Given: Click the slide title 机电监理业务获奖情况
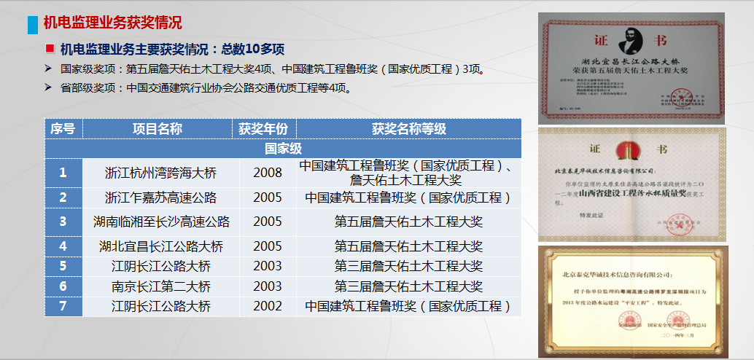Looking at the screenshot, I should [x=112, y=23].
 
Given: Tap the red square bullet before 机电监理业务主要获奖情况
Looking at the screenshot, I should [x=50, y=49].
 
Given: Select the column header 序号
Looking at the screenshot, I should [x=63, y=129].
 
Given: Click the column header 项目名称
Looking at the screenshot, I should [x=158, y=129].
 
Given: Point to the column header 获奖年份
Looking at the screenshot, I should [x=263, y=129].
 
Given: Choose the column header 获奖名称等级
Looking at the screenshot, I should [x=408, y=129].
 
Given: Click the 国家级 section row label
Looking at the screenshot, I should [x=283, y=149].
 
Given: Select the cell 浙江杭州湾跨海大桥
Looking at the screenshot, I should [x=161, y=173].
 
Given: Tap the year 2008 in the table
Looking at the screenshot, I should [x=268, y=173].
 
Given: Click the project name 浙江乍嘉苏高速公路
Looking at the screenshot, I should [x=161, y=197].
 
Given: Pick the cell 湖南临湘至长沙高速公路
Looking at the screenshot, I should [x=161, y=222].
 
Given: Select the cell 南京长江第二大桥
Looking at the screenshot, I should [x=161, y=286].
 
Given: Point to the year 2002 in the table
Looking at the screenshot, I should [x=268, y=306].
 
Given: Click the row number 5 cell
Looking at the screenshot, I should [x=63, y=267].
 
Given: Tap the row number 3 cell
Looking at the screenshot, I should [x=63, y=222].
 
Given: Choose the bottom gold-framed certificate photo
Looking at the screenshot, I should [x=645, y=301].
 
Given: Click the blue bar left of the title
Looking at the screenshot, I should [x=32, y=23].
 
